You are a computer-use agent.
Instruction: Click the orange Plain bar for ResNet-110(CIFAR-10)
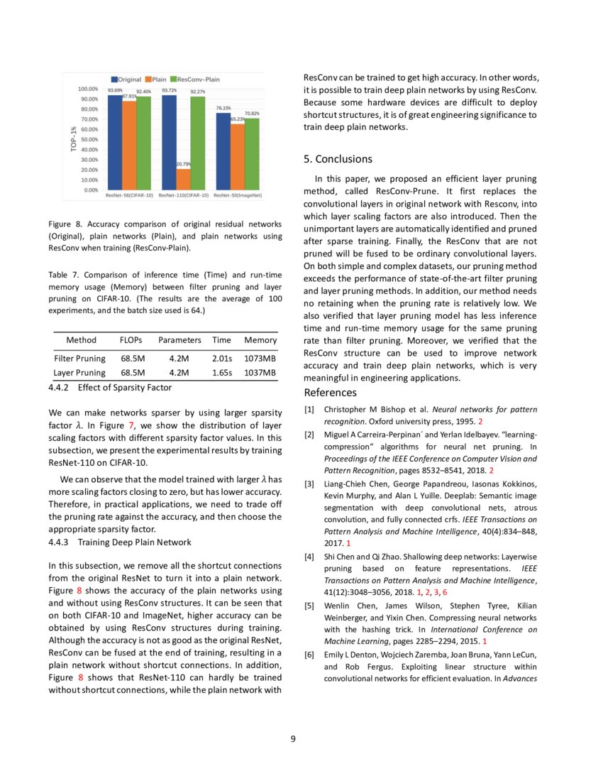click(183, 179)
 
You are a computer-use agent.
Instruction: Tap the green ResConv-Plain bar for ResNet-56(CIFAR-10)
click(144, 143)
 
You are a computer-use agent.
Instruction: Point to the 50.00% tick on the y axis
click(88, 140)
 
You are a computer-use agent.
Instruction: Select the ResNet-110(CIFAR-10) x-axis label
click(183, 195)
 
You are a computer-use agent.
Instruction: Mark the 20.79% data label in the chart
click(183, 165)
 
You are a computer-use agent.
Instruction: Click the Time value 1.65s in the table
click(222, 372)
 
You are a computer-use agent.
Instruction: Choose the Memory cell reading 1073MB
click(260, 358)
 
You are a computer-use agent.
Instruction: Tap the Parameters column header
click(179, 341)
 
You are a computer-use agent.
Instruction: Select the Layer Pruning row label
click(79, 372)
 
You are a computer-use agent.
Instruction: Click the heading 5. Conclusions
click(338, 159)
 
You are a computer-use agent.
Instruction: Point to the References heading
click(330, 393)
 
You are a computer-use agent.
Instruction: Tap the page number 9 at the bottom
click(293, 739)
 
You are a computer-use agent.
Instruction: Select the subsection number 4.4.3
click(60, 542)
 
